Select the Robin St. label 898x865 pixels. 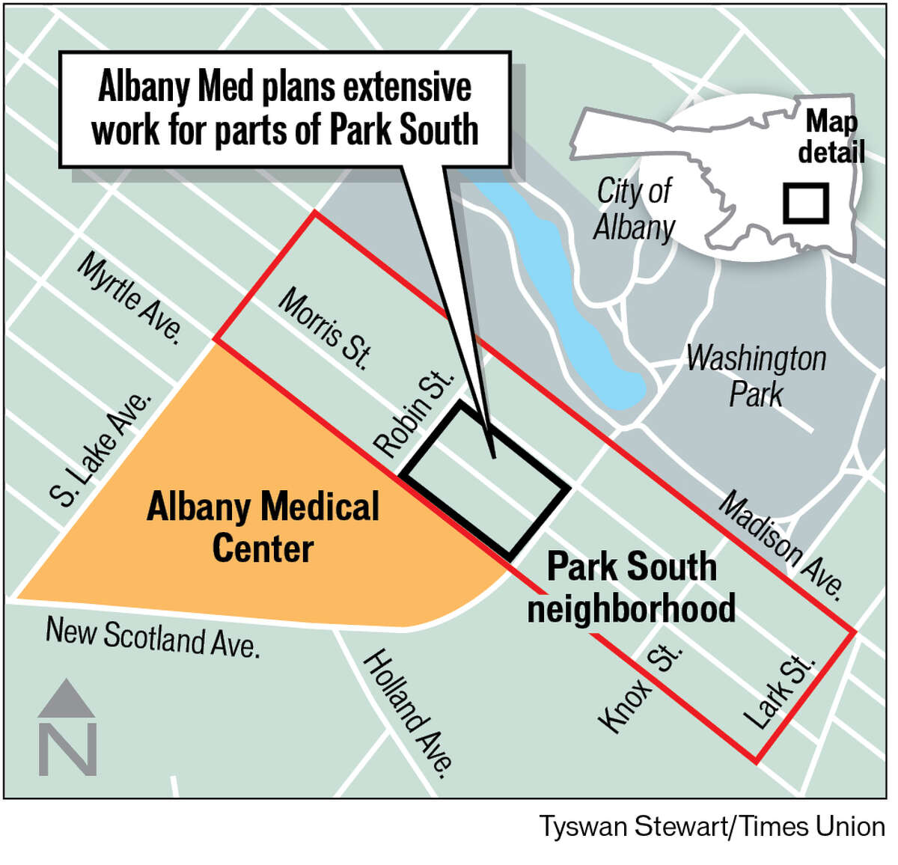[414, 413]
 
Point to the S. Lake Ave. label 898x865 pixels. [101, 449]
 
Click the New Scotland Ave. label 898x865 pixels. [153, 637]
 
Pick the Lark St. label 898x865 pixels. [778, 691]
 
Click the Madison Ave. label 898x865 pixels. [781, 545]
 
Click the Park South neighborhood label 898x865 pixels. [632, 587]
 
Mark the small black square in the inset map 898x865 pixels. [806, 203]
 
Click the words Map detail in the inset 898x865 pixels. [831, 136]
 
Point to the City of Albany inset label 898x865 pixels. [635, 209]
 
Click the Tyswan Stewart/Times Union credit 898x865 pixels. [712, 827]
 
